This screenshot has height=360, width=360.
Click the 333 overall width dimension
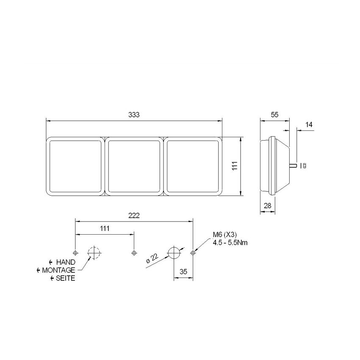click(134, 115)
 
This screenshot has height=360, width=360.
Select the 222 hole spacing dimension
click(134, 216)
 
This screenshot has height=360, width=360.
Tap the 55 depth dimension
click(274, 115)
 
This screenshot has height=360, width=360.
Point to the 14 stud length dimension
click(308, 125)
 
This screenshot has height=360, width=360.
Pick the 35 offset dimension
click(183, 272)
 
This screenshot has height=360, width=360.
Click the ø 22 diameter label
click(152, 258)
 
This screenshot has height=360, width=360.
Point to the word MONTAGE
click(58, 270)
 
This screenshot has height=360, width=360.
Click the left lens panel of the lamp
click(75, 166)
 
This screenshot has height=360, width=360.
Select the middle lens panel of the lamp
click(134, 166)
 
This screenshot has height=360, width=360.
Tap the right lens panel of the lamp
click(193, 166)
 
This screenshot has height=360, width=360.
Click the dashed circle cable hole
click(94, 253)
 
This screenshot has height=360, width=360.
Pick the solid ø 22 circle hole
click(174, 253)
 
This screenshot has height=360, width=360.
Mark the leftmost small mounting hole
click(75, 253)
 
